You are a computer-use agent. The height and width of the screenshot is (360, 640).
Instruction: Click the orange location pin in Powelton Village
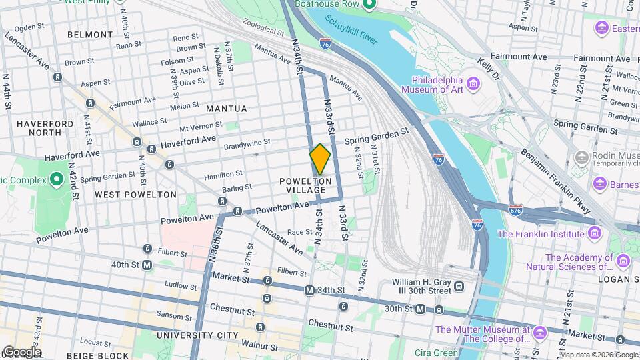[320, 159]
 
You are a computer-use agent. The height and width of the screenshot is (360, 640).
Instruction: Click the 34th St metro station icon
[309, 291]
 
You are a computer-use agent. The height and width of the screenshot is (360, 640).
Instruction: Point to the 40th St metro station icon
[148, 265]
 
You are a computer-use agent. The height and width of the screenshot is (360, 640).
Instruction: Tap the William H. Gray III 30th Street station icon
[459, 287]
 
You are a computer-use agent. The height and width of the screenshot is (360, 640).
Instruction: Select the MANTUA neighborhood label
[227, 109]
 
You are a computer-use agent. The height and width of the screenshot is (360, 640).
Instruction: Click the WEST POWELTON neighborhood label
[136, 195]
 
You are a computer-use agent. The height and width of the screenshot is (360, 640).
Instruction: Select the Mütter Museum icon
[540, 331]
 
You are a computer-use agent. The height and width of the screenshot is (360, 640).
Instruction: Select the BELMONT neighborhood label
[90, 34]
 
